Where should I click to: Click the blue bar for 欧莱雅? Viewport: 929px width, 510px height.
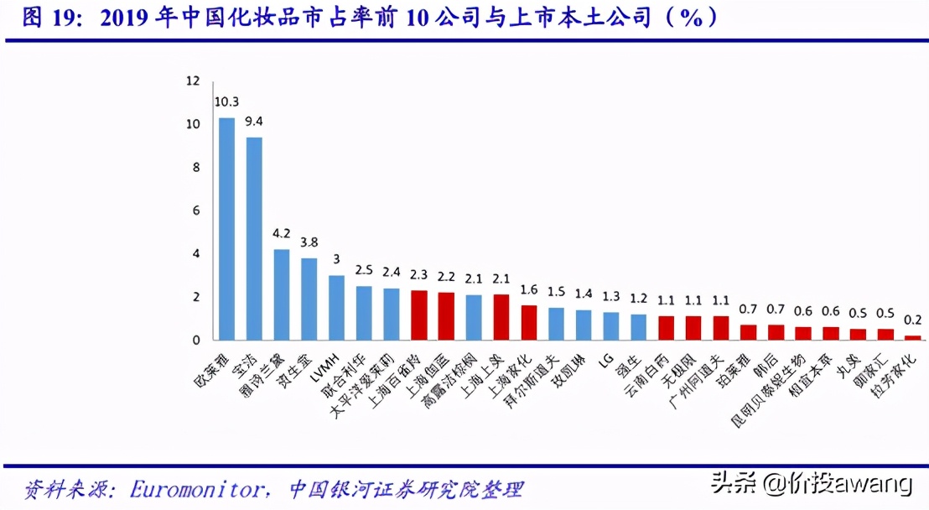(226, 229)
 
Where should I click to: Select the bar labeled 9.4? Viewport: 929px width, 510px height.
(254, 239)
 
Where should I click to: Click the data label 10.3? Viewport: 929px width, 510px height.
(226, 102)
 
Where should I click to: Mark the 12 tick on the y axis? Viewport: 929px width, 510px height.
(193, 81)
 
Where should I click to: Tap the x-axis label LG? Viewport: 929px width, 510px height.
(605, 360)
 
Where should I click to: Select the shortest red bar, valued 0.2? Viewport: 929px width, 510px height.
(913, 338)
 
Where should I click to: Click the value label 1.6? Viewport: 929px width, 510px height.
(528, 289)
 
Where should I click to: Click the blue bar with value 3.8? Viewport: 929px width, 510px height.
(309, 299)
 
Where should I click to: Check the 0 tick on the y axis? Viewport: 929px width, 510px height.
(196, 341)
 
